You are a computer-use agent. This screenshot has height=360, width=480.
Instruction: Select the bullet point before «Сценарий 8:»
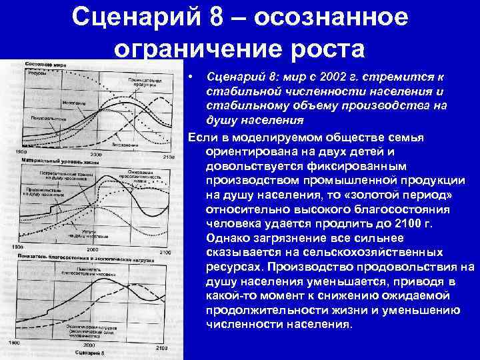tap(191, 79)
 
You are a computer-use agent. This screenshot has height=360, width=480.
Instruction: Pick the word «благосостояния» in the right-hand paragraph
tap(374, 208)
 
